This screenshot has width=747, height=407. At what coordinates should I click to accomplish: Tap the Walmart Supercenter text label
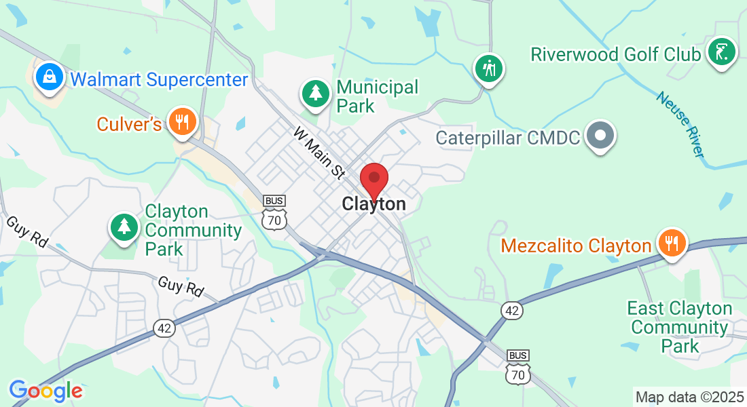click(x=160, y=80)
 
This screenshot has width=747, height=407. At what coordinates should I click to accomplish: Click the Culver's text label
click(x=129, y=124)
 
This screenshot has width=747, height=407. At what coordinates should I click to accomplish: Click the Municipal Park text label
click(x=377, y=96)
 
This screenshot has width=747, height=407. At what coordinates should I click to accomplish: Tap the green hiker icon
click(x=489, y=68)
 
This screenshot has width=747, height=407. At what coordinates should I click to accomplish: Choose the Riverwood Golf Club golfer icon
click(x=721, y=52)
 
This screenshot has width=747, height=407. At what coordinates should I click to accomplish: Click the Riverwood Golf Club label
click(x=615, y=54)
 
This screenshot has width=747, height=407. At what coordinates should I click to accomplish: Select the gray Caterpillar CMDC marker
click(x=600, y=136)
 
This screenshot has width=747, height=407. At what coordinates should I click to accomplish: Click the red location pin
click(x=373, y=180)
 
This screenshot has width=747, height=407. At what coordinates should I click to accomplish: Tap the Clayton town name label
click(x=374, y=203)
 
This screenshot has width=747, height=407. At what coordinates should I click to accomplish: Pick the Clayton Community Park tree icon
click(x=124, y=225)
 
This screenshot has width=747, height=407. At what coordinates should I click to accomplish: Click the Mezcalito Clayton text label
click(x=577, y=245)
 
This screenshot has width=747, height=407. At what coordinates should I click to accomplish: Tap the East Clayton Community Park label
click(x=679, y=328)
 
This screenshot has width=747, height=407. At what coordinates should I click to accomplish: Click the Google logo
click(x=45, y=391)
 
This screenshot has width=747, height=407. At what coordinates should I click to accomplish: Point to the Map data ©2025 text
click(x=688, y=396)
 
